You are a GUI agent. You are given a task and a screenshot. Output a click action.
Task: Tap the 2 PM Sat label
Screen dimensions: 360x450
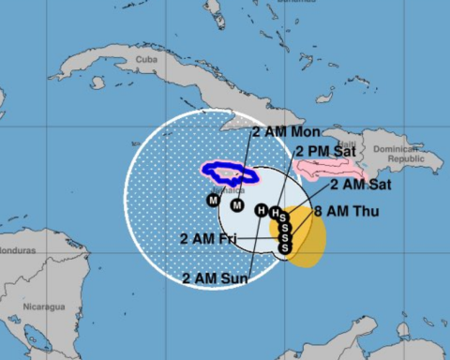tap(323, 150)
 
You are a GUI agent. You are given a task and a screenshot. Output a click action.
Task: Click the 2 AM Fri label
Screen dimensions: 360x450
tap(208, 238)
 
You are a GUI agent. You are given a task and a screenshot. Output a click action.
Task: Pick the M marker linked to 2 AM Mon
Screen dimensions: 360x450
tap(237, 204)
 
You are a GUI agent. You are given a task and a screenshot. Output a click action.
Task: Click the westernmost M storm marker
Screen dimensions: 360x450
tap(214, 200)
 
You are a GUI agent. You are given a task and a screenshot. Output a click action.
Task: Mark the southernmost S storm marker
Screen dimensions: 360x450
tap(285, 247)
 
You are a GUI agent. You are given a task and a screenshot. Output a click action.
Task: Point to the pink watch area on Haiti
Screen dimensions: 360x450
tap(330, 170)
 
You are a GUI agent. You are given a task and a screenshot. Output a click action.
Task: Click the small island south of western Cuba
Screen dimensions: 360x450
tap(97, 82)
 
